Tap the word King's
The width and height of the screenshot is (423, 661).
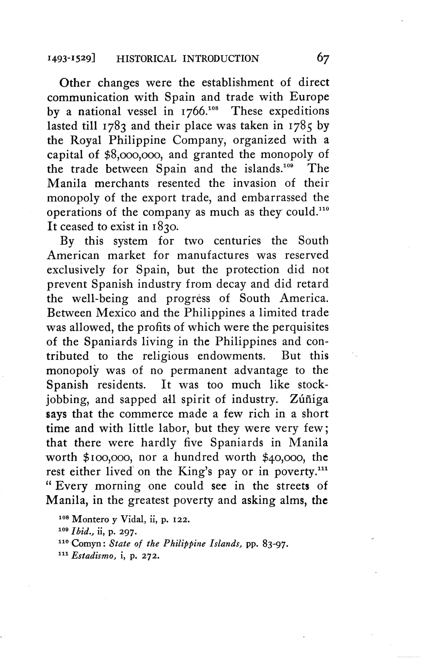[195, 472]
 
